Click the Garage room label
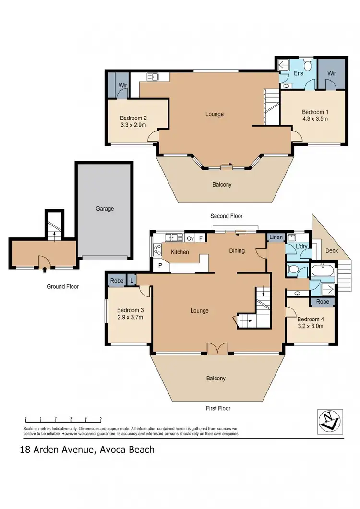(x=105, y=209)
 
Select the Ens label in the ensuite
(x=298, y=74)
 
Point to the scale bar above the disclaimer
(x=63, y=418)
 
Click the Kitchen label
(x=180, y=252)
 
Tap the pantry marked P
(x=158, y=265)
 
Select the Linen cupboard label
(x=276, y=237)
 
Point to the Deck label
(x=332, y=250)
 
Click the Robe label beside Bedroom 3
(x=117, y=281)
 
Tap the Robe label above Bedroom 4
(x=322, y=302)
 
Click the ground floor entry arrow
(x=44, y=269)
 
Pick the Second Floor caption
(x=227, y=216)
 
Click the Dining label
(x=237, y=250)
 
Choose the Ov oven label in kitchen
(x=190, y=238)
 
